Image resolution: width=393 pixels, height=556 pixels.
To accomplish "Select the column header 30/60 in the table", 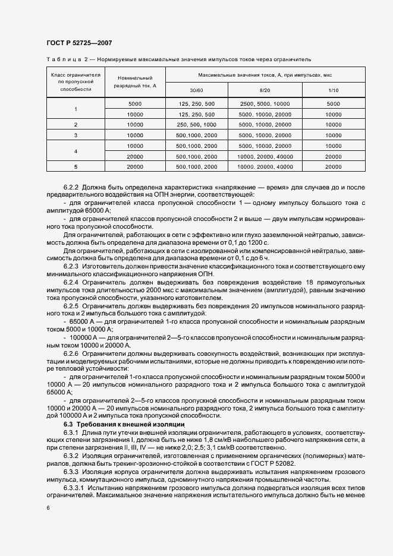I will tap(196, 90).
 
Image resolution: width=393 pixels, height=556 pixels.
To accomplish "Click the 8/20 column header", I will tap(264, 90).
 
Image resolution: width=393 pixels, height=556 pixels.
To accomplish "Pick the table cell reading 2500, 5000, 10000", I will tap(264, 103).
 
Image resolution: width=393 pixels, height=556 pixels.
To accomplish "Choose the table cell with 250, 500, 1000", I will tap(196, 124).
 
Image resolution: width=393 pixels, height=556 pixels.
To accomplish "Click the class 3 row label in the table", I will tap(76, 135).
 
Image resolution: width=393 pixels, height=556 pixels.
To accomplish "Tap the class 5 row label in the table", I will tap(76, 166).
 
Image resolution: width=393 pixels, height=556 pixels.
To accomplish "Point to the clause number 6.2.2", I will tap(72, 187).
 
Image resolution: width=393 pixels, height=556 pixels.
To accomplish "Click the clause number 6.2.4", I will tap(72, 283).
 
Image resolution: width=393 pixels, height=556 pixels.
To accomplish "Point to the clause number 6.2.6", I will tap(72, 353).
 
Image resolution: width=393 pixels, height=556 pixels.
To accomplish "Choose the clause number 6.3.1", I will tap(72, 434).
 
